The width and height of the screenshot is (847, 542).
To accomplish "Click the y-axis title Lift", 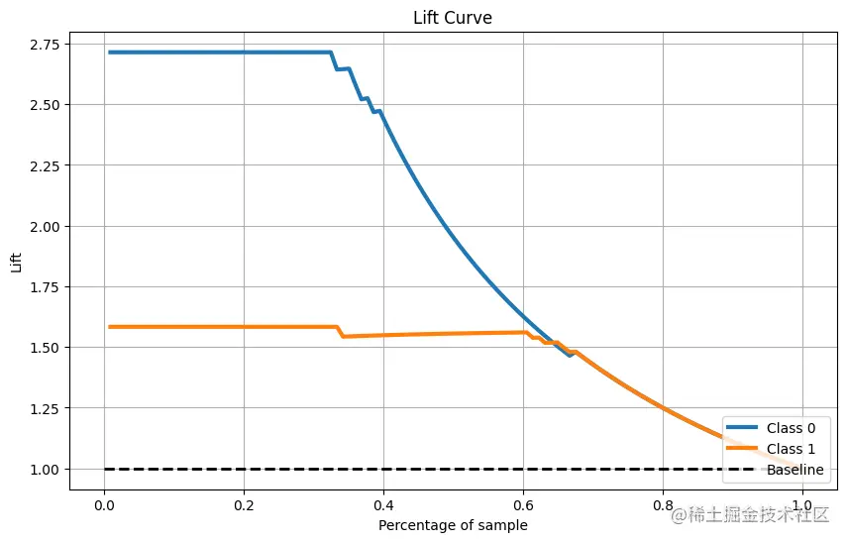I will (15, 263).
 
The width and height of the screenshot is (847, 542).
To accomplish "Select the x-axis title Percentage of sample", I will (453, 524).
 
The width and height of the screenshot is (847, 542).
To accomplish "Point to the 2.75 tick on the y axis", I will (46, 44).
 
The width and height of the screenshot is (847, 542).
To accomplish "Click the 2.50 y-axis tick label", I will (46, 104).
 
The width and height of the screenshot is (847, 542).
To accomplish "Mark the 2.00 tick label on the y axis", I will (46, 226).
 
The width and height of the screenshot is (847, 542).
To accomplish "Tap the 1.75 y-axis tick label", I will (46, 286).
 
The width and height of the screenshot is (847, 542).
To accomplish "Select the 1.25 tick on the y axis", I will (46, 408).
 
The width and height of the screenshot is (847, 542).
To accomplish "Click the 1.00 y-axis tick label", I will (46, 469).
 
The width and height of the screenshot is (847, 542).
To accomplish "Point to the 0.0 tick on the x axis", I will (104, 503).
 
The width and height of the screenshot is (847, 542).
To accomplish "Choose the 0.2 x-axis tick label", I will (244, 503).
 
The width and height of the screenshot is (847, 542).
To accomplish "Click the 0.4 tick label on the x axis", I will (383, 503).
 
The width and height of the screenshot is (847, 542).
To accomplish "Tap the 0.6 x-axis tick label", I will (523, 503).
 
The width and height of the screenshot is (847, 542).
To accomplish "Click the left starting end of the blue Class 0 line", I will (110, 53).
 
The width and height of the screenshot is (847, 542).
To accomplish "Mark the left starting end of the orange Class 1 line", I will (110, 327).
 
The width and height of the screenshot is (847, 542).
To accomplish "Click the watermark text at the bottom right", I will (750, 515).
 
